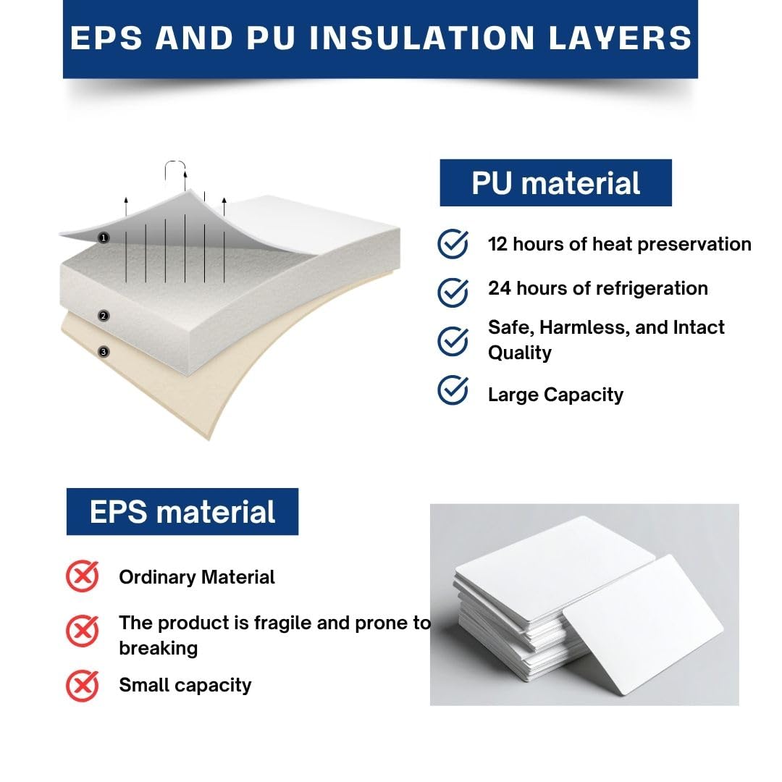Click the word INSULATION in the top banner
(x=422, y=38)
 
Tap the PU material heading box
(x=555, y=182)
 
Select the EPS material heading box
(x=182, y=512)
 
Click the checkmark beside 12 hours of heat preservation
(x=453, y=243)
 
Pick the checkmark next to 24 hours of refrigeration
(x=453, y=293)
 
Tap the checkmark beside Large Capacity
(x=453, y=390)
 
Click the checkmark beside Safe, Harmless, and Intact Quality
(x=453, y=341)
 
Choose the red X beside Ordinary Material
(x=83, y=576)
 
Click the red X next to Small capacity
(x=83, y=686)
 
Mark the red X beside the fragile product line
(x=83, y=631)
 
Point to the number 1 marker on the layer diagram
(x=104, y=238)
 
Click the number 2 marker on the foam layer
(x=104, y=316)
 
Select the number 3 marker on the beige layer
(x=104, y=352)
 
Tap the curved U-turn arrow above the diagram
(x=175, y=161)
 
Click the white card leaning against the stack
(x=643, y=625)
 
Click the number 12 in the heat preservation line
(x=497, y=245)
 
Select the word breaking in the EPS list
(x=158, y=648)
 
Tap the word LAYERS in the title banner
(x=620, y=38)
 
